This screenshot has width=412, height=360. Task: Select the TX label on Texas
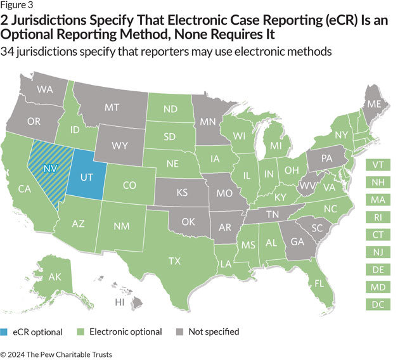pos(174,260)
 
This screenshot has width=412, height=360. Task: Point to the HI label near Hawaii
pos(119,302)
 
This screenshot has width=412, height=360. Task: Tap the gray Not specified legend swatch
pos(179,331)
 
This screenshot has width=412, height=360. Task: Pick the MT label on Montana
pos(112,108)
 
